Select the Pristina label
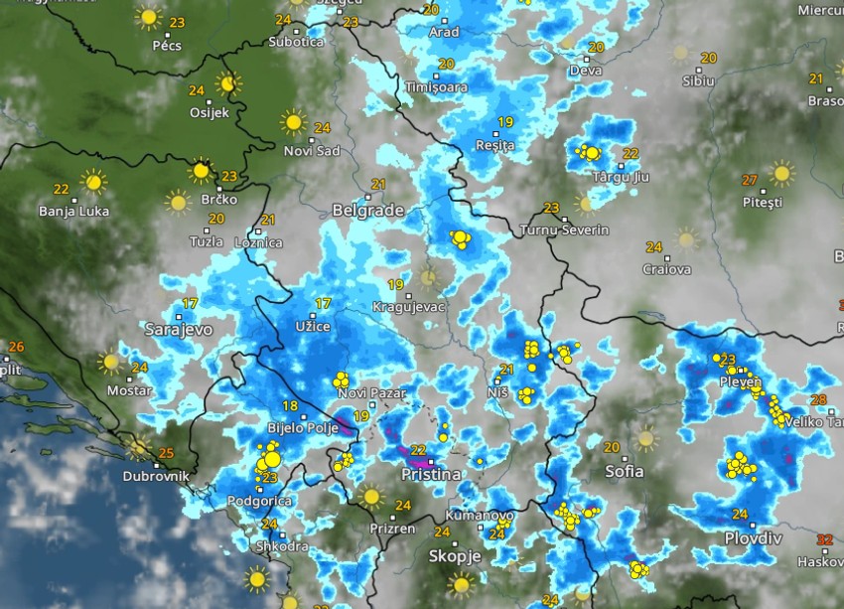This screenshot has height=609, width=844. [x=430, y=475]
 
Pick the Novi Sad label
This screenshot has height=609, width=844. [x=312, y=150]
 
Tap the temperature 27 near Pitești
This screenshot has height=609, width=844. [x=750, y=180]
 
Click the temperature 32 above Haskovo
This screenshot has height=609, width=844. [x=824, y=539]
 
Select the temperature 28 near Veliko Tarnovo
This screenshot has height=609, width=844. [x=819, y=399]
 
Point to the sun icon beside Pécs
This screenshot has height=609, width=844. [x=149, y=17]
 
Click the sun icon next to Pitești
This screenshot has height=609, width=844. [x=781, y=174]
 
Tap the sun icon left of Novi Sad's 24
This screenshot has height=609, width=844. [x=293, y=122]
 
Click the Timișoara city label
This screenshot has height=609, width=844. [x=436, y=87]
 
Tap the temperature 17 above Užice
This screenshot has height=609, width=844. [x=322, y=303]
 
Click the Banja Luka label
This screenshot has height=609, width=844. [x=74, y=211]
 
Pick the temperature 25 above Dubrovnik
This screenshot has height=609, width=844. [x=167, y=454]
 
